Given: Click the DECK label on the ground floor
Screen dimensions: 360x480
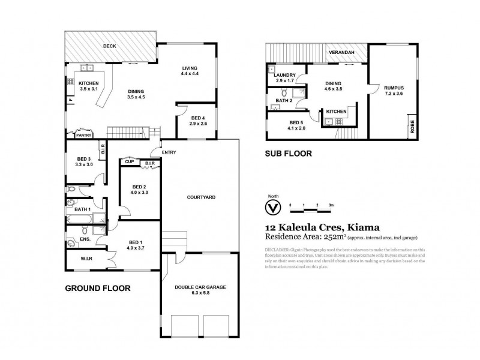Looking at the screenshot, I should coord(109,46).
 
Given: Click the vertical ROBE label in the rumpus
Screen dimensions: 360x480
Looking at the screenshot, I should coord(412,126).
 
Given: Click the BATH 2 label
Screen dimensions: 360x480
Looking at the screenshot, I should coord(284,100).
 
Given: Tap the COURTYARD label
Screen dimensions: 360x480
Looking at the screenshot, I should coord(201,197).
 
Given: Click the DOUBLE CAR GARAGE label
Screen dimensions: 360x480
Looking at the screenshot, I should coord(200,288).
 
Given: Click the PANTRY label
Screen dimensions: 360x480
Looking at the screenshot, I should coord(83,135).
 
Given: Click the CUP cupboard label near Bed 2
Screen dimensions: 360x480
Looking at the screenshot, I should coord(129,161).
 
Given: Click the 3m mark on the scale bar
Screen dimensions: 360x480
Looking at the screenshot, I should coord(331,205).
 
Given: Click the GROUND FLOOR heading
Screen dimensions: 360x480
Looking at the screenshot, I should coord(97,289).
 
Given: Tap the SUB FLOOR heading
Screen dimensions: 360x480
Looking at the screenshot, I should coord(289,154).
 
